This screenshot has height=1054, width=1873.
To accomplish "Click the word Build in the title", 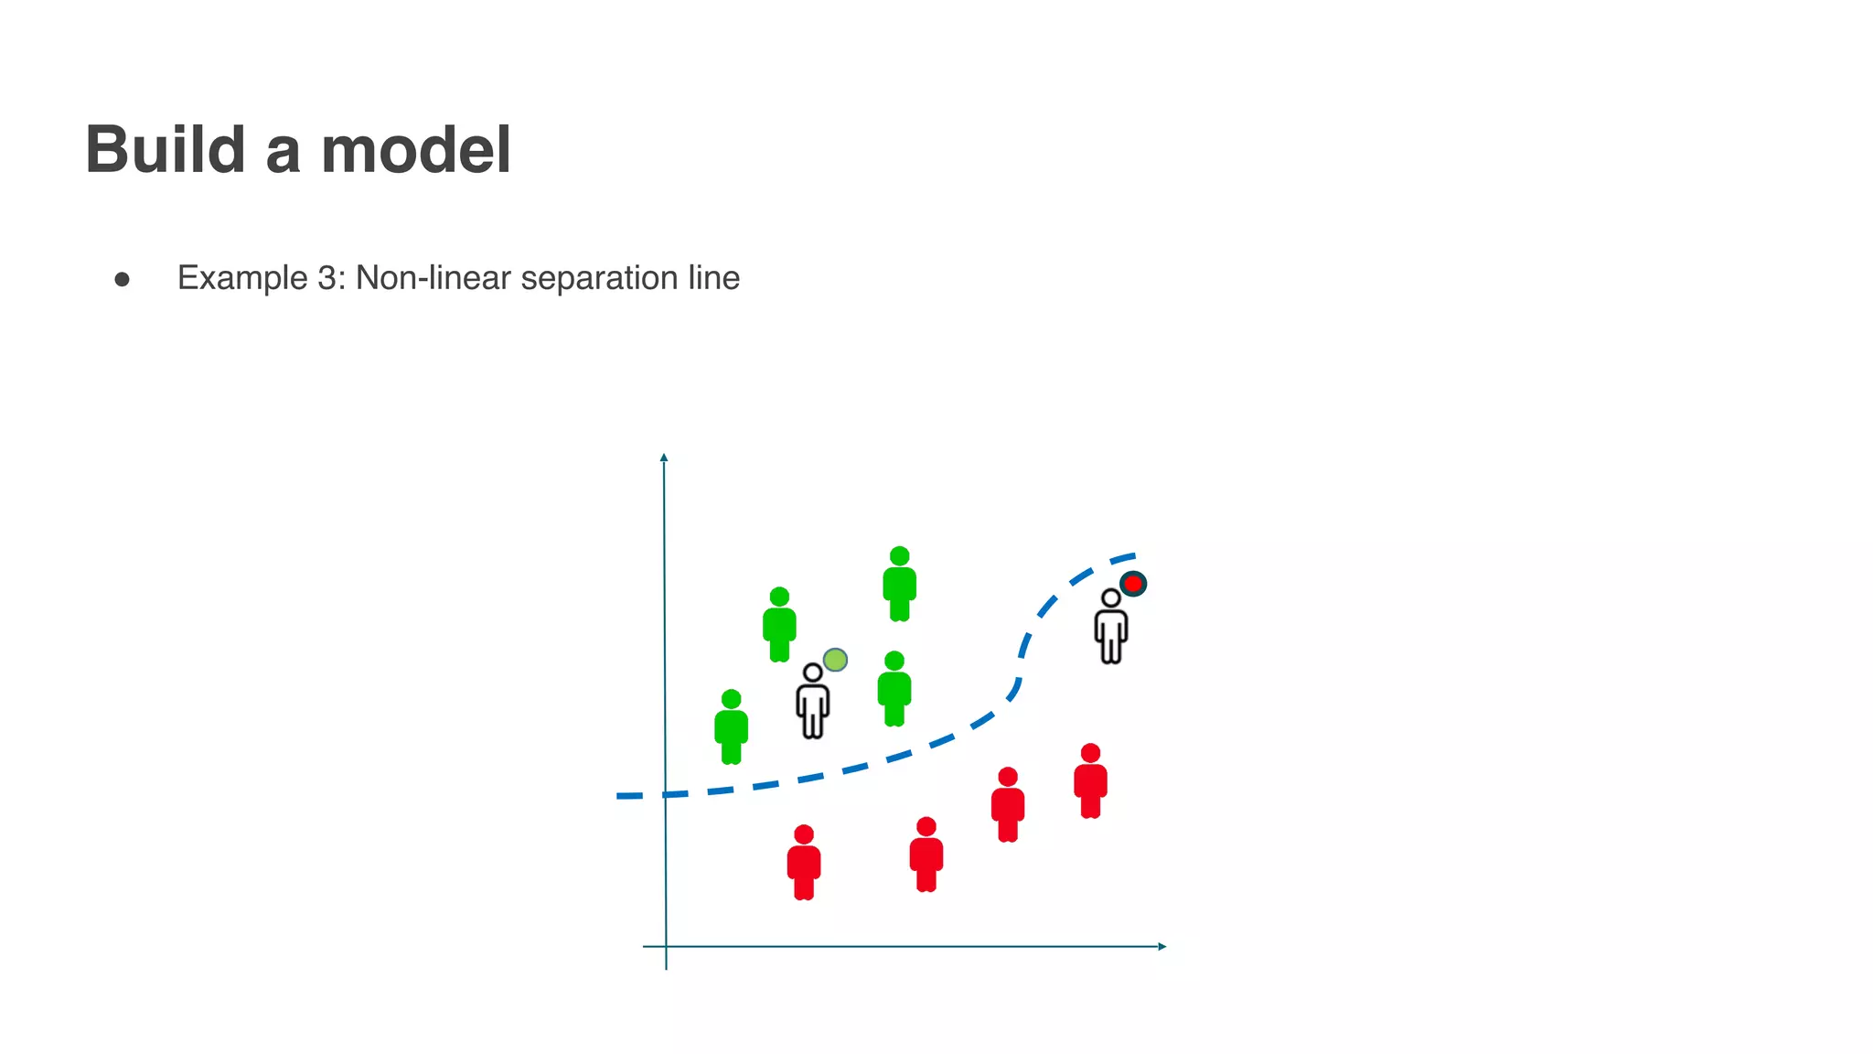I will [166, 149].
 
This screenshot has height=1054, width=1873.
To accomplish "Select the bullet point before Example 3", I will [123, 279].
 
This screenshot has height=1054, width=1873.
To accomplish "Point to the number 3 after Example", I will [326, 278].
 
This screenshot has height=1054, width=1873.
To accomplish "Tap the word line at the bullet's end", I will [714, 278].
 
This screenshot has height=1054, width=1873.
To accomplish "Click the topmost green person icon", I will [900, 586].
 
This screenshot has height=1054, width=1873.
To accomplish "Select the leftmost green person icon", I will [731, 728].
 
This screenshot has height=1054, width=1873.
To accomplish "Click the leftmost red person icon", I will [804, 864].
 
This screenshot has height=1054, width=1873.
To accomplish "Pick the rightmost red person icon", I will [1090, 782].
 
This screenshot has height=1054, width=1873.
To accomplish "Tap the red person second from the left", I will [926, 855].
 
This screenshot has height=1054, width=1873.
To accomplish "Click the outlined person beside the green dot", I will [812, 703].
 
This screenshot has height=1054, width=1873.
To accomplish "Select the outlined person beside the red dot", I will [1111, 628].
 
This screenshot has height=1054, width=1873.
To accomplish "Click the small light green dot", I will [835, 660].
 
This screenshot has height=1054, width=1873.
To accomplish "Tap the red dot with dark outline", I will [1133, 584].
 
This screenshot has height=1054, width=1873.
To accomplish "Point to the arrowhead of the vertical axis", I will [664, 457].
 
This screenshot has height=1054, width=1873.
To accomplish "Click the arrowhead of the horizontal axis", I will [1162, 946].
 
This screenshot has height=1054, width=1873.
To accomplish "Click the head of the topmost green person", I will [900, 556].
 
